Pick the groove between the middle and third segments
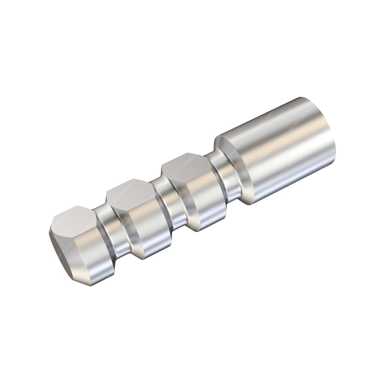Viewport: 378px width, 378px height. click(166, 204)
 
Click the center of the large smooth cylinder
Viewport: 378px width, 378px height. click(280, 151)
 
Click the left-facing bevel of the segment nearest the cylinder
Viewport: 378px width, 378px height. click(172, 191)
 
